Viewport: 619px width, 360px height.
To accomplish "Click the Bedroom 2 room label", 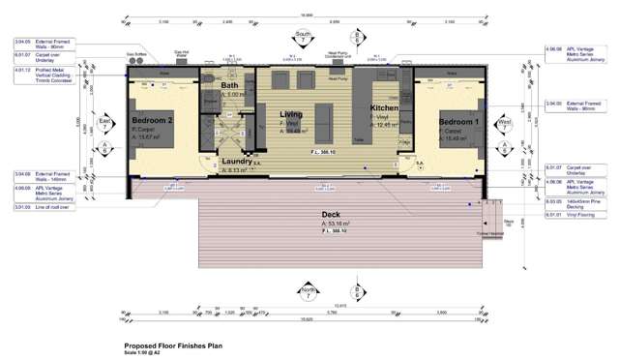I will (152, 120).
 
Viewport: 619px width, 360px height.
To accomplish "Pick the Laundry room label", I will (236, 162).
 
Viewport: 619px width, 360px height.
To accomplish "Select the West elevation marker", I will (504, 123).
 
